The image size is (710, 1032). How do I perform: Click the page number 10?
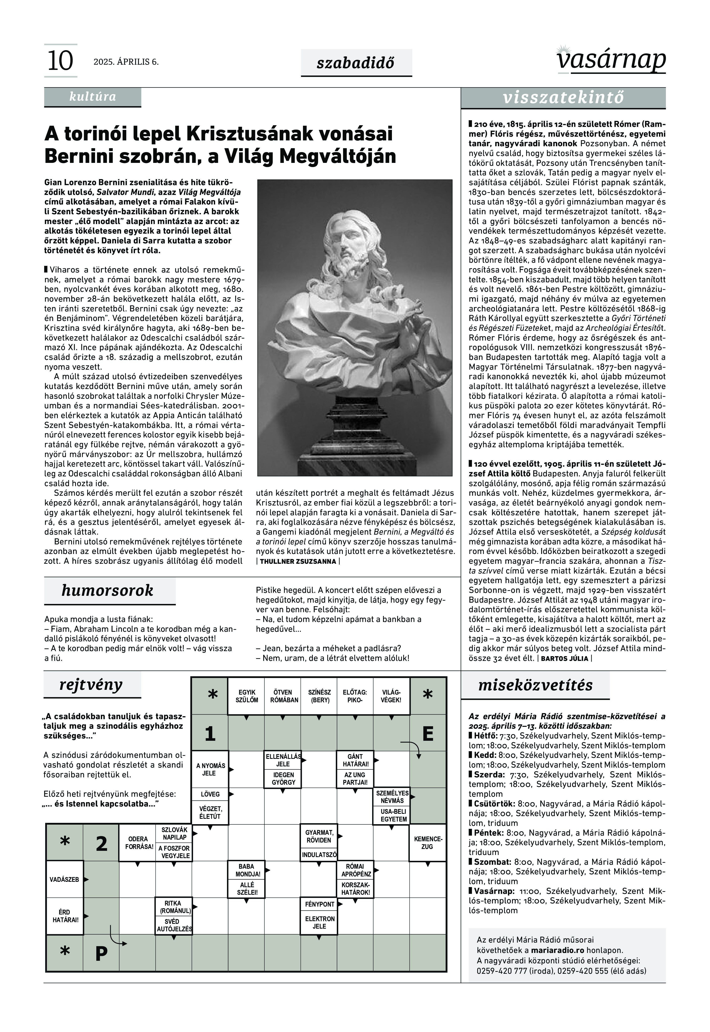(60, 61)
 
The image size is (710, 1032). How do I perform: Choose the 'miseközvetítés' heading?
(535, 685)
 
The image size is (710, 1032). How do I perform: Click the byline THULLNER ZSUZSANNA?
(298, 561)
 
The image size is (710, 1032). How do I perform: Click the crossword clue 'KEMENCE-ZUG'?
(427, 843)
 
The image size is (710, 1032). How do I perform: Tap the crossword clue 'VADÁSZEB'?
(64, 880)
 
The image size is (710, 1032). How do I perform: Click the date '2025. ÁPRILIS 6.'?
(126, 62)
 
